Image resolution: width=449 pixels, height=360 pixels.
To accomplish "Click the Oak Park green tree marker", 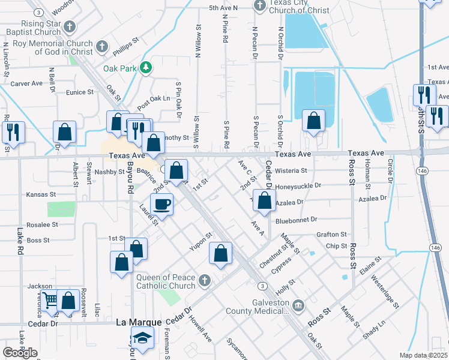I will click(x=145, y=68).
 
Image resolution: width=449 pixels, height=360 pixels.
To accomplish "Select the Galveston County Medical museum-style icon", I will click(x=298, y=307).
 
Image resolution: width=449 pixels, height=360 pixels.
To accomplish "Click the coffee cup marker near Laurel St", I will click(x=161, y=204).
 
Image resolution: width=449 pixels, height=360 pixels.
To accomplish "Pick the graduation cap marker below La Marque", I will click(x=142, y=337).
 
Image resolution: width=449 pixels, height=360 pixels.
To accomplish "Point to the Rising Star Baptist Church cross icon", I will click(x=70, y=26).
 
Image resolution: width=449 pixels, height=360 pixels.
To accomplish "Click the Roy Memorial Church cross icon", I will click(x=102, y=47).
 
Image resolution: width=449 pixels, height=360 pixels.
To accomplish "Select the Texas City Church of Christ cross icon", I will click(x=260, y=6).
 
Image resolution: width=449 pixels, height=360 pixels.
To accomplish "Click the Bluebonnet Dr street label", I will click(x=297, y=221).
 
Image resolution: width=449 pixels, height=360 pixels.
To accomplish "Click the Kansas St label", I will click(x=41, y=195).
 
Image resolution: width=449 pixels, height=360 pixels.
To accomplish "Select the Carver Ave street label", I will click(x=26, y=83).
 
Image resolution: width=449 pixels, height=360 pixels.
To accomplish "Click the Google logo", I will click(x=20, y=352).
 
